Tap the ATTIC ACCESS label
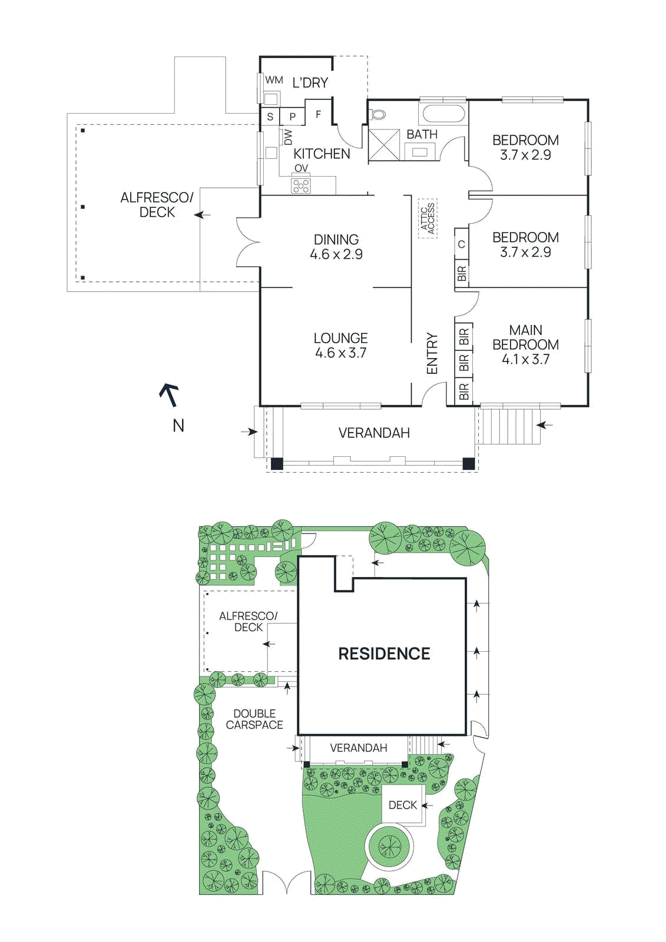[x=428, y=218]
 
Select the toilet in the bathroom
[x=378, y=114]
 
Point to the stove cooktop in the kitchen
[x=301, y=186]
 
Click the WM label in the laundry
[x=274, y=80]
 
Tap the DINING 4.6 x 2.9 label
[x=336, y=247]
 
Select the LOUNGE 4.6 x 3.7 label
[x=340, y=346]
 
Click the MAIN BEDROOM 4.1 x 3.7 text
[x=525, y=344]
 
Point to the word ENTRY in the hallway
[x=432, y=353]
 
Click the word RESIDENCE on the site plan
[x=384, y=654]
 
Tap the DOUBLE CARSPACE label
[x=254, y=719]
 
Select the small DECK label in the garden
[x=402, y=805]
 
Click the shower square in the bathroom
[x=384, y=145]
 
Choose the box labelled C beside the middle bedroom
[x=462, y=244]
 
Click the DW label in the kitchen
[x=288, y=137]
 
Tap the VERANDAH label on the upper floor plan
[x=374, y=433]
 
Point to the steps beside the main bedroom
[x=508, y=426]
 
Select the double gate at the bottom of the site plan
[x=286, y=883]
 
